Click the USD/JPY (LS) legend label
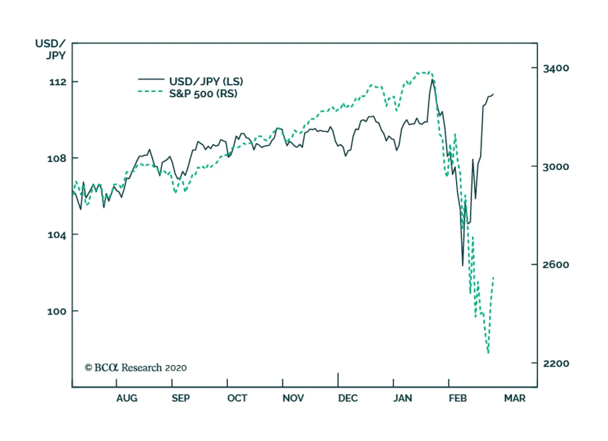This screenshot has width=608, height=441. coord(206,81)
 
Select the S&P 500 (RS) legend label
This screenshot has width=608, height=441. coord(203,93)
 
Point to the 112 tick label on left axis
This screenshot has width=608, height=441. coord(57,82)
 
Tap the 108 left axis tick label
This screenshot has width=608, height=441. coord(57,158)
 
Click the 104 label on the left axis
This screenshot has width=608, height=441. coord(57,235)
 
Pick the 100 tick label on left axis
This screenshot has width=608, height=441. coord(57,311)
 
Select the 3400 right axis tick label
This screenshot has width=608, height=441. coord(556,68)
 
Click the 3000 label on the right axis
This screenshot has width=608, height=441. coord(556,167)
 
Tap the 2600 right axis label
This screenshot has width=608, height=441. coord(556,265)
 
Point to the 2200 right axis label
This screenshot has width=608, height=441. coord(556,364)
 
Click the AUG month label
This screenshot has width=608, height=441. coord(127,398)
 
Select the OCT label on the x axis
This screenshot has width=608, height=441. coord(237,398)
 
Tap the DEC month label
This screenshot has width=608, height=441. coord(348,398)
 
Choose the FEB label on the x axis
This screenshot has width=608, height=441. coord(458,398)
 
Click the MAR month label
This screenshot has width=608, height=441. coord(515,398)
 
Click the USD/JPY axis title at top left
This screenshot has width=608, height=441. coord(51,49)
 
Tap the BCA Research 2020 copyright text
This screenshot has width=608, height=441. coord(136,368)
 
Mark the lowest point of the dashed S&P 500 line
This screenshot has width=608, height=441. coord(488,353)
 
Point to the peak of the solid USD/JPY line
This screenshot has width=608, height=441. coord(432,79)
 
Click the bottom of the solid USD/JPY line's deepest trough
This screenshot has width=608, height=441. coord(463,266)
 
